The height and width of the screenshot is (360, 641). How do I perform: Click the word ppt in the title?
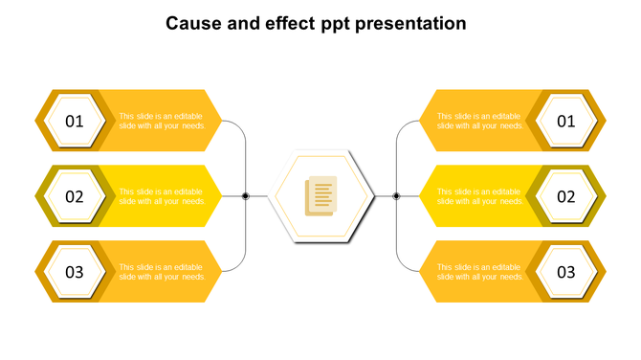335,24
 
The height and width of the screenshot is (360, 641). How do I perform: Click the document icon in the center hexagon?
320,196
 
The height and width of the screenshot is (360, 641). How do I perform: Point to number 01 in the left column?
75,122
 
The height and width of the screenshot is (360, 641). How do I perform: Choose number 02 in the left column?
75,197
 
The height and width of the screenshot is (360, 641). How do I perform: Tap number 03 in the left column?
75,272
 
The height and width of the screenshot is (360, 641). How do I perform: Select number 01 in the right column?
566,122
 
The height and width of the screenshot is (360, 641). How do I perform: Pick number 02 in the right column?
566,197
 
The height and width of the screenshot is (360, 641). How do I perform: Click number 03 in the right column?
566,272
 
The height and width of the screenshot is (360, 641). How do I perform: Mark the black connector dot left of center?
246,196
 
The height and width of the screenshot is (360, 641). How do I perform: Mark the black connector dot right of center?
396,196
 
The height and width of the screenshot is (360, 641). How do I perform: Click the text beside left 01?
162,121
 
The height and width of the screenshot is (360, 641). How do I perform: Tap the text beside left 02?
162,196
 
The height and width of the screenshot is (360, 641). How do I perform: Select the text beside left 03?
162,272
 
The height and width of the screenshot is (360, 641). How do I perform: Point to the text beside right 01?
479,121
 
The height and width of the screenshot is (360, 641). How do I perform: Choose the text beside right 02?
479,196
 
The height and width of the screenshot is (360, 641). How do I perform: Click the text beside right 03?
479,272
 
